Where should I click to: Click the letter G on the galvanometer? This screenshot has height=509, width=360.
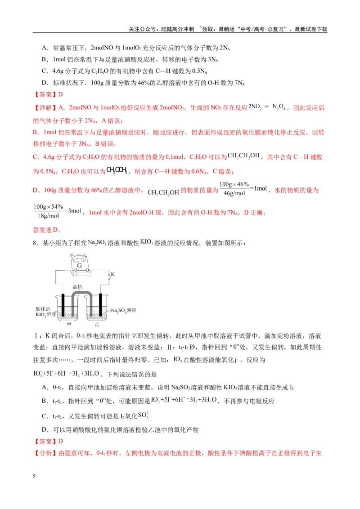(x=80, y=266)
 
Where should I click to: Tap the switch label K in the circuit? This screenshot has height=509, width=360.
(x=113, y=274)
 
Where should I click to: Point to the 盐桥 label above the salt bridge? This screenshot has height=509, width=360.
(x=77, y=286)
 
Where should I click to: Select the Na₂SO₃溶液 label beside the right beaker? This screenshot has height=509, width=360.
(x=123, y=310)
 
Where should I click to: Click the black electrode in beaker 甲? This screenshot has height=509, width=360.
(x=63, y=305)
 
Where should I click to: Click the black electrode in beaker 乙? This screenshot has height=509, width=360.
(x=101, y=305)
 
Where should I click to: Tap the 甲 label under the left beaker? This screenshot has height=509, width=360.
(x=69, y=324)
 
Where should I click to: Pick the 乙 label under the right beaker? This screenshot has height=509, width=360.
(x=97, y=324)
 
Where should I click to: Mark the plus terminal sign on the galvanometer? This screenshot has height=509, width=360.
(x=76, y=274)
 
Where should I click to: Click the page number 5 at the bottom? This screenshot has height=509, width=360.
(x=34, y=476)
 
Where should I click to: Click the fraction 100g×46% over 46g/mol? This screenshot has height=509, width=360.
(x=234, y=189)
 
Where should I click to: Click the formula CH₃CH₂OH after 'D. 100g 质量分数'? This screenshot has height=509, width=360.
(x=163, y=192)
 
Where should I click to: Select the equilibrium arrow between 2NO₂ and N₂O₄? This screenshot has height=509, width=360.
(x=267, y=107)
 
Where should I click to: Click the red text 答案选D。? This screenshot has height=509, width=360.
(x=47, y=230)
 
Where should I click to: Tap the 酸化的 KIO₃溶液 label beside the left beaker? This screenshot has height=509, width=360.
(x=45, y=312)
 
